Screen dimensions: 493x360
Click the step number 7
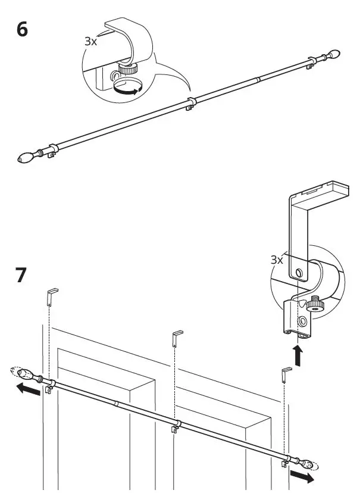coord(21,276)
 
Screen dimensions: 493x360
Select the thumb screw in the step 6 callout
coord(128,69)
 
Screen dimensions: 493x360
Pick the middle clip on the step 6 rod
coord(189,104)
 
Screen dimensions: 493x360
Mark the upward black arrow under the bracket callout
coord(298,356)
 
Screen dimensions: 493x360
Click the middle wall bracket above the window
coord(177,337)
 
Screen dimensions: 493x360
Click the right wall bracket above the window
coord(286,375)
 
